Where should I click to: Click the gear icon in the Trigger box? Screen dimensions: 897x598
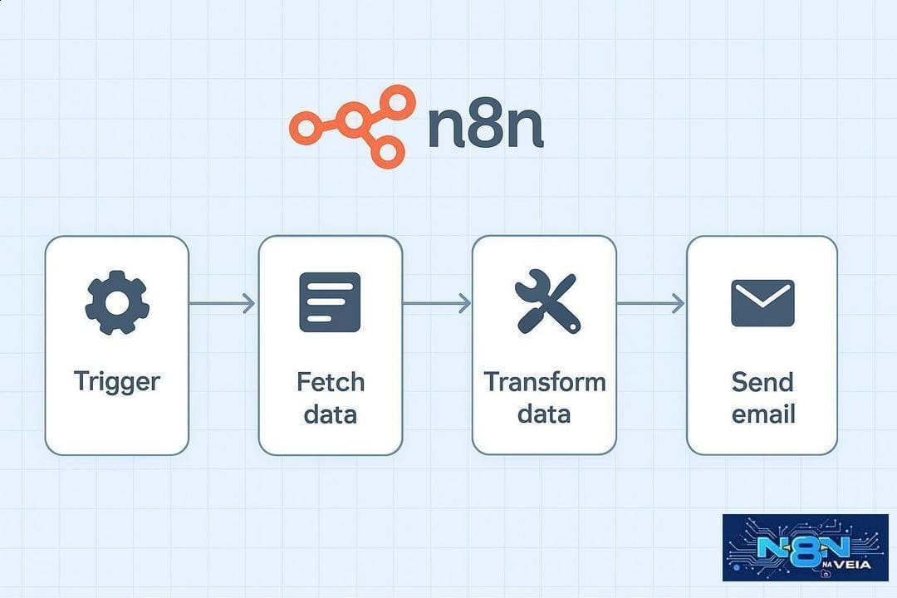coord(117,302)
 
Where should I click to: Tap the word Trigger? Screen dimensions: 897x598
coord(117,382)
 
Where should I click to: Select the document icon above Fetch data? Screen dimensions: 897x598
coord(330,302)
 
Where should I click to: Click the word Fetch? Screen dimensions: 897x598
coord(331,382)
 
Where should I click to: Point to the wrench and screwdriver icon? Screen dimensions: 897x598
coord(547,301)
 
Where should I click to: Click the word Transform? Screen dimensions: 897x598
coord(545,382)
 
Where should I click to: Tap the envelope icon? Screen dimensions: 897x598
coord(762,302)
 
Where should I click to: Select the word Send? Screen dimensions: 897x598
coord(762,382)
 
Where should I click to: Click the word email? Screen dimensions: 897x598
coord(763,414)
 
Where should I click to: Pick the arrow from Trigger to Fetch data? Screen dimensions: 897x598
coord(222,303)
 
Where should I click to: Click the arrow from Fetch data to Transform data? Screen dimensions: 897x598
coord(437,303)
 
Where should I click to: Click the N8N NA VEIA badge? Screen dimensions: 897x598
coord(805,547)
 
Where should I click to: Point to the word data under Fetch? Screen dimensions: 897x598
coord(330,414)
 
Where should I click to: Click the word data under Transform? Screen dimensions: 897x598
coord(544,414)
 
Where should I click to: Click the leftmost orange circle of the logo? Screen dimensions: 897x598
coord(306,126)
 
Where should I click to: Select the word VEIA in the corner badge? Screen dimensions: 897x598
coord(853,565)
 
